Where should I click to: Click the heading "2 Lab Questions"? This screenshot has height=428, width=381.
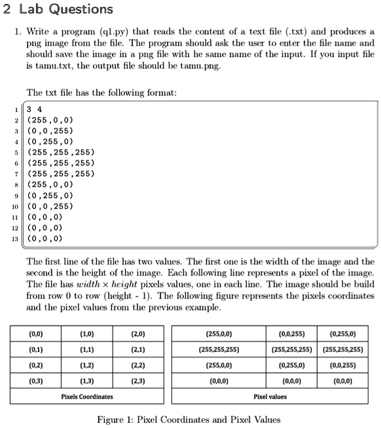pos(58,9)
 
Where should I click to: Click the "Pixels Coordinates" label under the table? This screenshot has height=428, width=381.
pos(86,397)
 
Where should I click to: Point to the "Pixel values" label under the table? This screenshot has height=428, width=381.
pos(270,397)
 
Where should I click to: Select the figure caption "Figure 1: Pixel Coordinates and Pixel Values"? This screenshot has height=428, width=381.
pos(188,419)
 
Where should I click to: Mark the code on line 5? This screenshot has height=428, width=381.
pos(60,152)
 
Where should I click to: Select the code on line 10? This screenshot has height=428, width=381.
pos(51,205)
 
